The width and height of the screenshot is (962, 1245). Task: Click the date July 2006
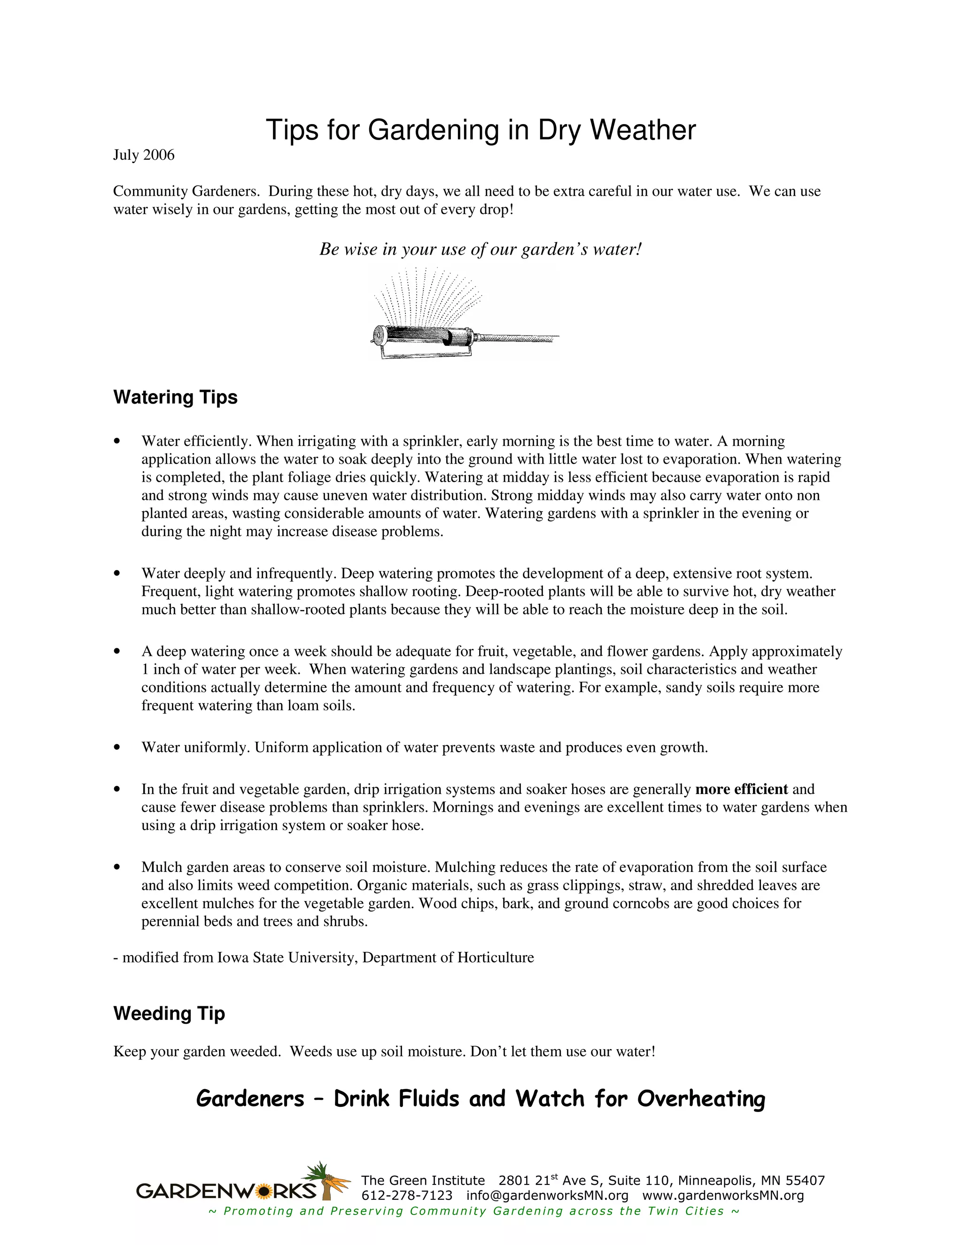[x=144, y=155]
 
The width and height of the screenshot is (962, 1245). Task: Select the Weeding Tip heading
[x=169, y=1013]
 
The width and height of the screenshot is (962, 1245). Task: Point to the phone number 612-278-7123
[x=406, y=1195]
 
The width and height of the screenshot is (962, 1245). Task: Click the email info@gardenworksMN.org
[x=547, y=1195]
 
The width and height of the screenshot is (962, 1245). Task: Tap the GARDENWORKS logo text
[x=225, y=1191]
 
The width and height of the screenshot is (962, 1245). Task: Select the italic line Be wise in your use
[x=481, y=249]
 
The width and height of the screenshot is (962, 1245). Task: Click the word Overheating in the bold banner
[x=700, y=1098]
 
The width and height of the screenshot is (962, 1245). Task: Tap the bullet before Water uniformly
[x=117, y=747]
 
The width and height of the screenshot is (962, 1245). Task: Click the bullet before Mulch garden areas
[x=117, y=867]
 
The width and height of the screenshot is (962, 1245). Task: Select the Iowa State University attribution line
[x=324, y=957]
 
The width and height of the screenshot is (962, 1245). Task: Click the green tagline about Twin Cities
[x=474, y=1210]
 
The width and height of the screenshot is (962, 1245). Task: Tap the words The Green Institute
[x=422, y=1181]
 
